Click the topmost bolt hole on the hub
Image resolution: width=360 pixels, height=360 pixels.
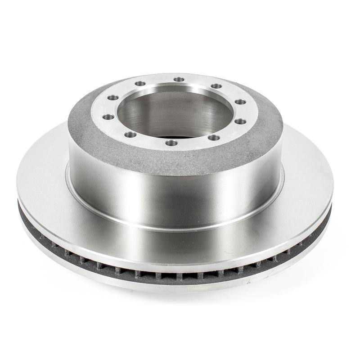click(179, 79)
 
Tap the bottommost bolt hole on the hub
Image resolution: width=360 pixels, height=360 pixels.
click(171, 143)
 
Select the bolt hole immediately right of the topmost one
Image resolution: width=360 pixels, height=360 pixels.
click(216, 86)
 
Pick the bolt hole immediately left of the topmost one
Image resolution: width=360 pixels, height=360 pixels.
click(140, 84)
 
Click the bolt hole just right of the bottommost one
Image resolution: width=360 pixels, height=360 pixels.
click(214, 138)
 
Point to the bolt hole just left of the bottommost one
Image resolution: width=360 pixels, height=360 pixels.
click(130, 135)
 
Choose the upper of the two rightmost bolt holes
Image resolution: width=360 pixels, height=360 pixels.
click(240, 102)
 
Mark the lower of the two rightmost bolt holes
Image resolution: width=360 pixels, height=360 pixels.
click(241, 121)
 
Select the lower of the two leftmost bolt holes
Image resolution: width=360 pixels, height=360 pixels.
click(108, 117)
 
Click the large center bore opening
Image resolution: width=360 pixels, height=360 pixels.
click(175, 112)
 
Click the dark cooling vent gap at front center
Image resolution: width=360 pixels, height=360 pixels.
click(180, 275)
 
